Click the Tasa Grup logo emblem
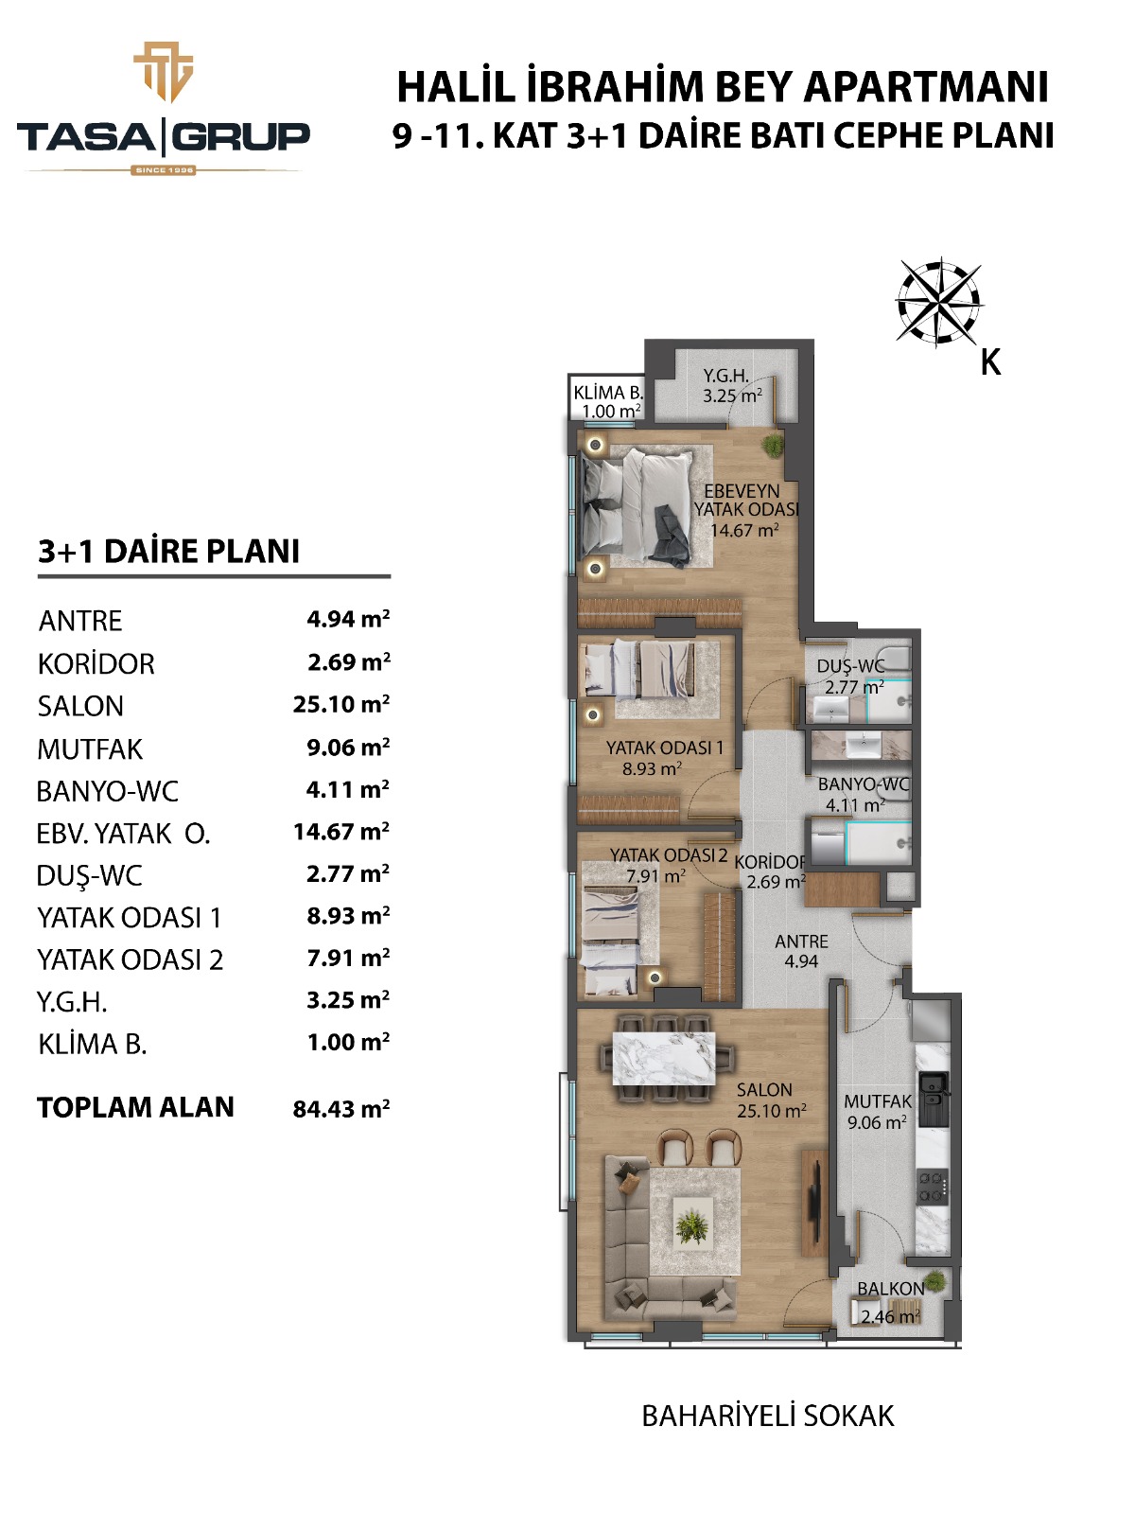point(164,72)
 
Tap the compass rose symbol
point(938,303)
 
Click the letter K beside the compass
point(990,362)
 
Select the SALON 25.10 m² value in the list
point(341,704)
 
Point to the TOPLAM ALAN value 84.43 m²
point(341,1108)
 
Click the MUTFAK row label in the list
point(90,749)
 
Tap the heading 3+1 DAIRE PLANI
point(169,551)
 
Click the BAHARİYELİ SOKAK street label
point(768,1416)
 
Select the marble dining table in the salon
point(664,1058)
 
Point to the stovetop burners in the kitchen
point(933,1188)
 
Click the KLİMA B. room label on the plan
point(608,393)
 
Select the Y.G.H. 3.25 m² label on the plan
point(732,386)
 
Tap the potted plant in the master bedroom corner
point(774,445)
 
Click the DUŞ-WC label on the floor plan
point(851,666)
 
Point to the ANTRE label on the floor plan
point(801,942)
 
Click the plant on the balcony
point(934,1281)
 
